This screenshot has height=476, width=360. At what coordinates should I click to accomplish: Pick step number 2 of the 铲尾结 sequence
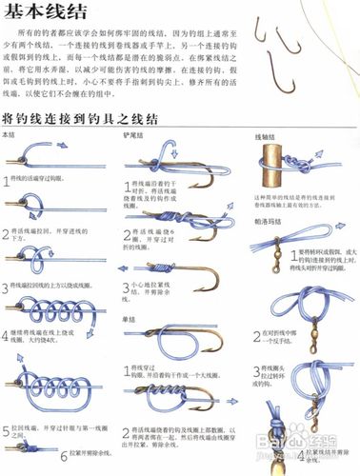[x=129, y=230]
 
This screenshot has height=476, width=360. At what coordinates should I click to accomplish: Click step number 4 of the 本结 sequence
[x=7, y=333]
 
